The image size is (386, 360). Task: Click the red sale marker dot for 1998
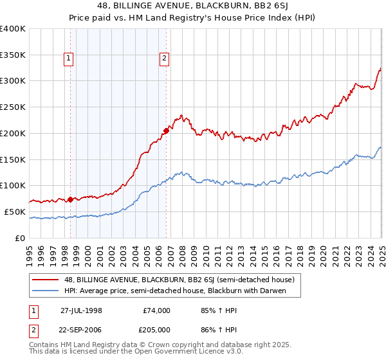(x=70, y=199)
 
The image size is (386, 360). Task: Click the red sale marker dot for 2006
(x=166, y=130)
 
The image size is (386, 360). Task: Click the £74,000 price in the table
(x=157, y=310)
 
